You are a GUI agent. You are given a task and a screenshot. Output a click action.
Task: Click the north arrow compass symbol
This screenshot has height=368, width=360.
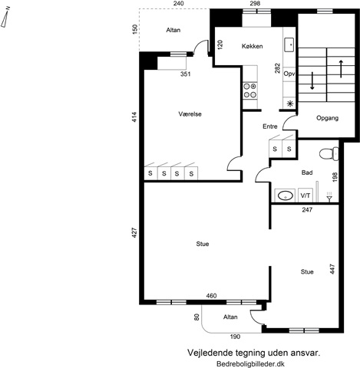(x=5, y=18)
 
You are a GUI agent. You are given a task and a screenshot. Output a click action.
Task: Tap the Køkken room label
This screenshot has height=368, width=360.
(x=252, y=46)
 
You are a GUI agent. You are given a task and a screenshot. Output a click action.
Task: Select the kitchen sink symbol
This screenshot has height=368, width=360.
(x=289, y=44)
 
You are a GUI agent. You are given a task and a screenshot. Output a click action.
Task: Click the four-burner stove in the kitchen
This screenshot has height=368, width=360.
(x=250, y=90)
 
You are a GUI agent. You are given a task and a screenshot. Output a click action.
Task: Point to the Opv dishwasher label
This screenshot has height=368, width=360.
(x=289, y=74)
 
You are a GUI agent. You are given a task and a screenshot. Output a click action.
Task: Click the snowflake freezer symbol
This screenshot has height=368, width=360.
(x=290, y=103)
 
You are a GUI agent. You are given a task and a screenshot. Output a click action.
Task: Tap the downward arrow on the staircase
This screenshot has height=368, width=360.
(x=312, y=80)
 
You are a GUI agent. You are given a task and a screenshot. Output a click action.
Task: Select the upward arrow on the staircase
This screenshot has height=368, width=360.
(x=341, y=69)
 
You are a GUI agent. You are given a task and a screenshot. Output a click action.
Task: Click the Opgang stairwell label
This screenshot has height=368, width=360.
(x=327, y=118)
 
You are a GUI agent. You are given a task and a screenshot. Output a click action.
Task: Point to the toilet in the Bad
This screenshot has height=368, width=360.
(x=329, y=154)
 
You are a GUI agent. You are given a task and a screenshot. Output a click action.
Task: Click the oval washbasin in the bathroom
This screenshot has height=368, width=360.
(x=286, y=196)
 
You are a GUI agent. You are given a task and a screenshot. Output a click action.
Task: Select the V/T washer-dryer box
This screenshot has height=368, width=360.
(x=306, y=195)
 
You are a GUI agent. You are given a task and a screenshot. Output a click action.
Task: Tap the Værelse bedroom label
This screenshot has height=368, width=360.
(x=190, y=114)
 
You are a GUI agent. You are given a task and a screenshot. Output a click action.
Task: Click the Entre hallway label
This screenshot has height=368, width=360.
(x=270, y=127)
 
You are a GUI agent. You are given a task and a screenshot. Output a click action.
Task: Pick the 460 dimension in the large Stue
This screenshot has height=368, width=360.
(x=211, y=296)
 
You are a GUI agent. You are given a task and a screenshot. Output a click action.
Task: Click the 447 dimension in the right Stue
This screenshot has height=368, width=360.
(x=332, y=269)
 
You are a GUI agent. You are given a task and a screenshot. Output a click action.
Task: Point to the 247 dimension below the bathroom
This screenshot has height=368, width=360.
(x=307, y=210)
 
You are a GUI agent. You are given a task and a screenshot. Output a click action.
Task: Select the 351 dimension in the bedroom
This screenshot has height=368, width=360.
(x=186, y=74)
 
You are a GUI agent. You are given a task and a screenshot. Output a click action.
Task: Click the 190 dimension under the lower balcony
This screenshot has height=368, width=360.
(x=235, y=337)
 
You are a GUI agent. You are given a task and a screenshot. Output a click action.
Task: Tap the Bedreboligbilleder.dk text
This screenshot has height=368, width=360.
(x=250, y=363)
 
